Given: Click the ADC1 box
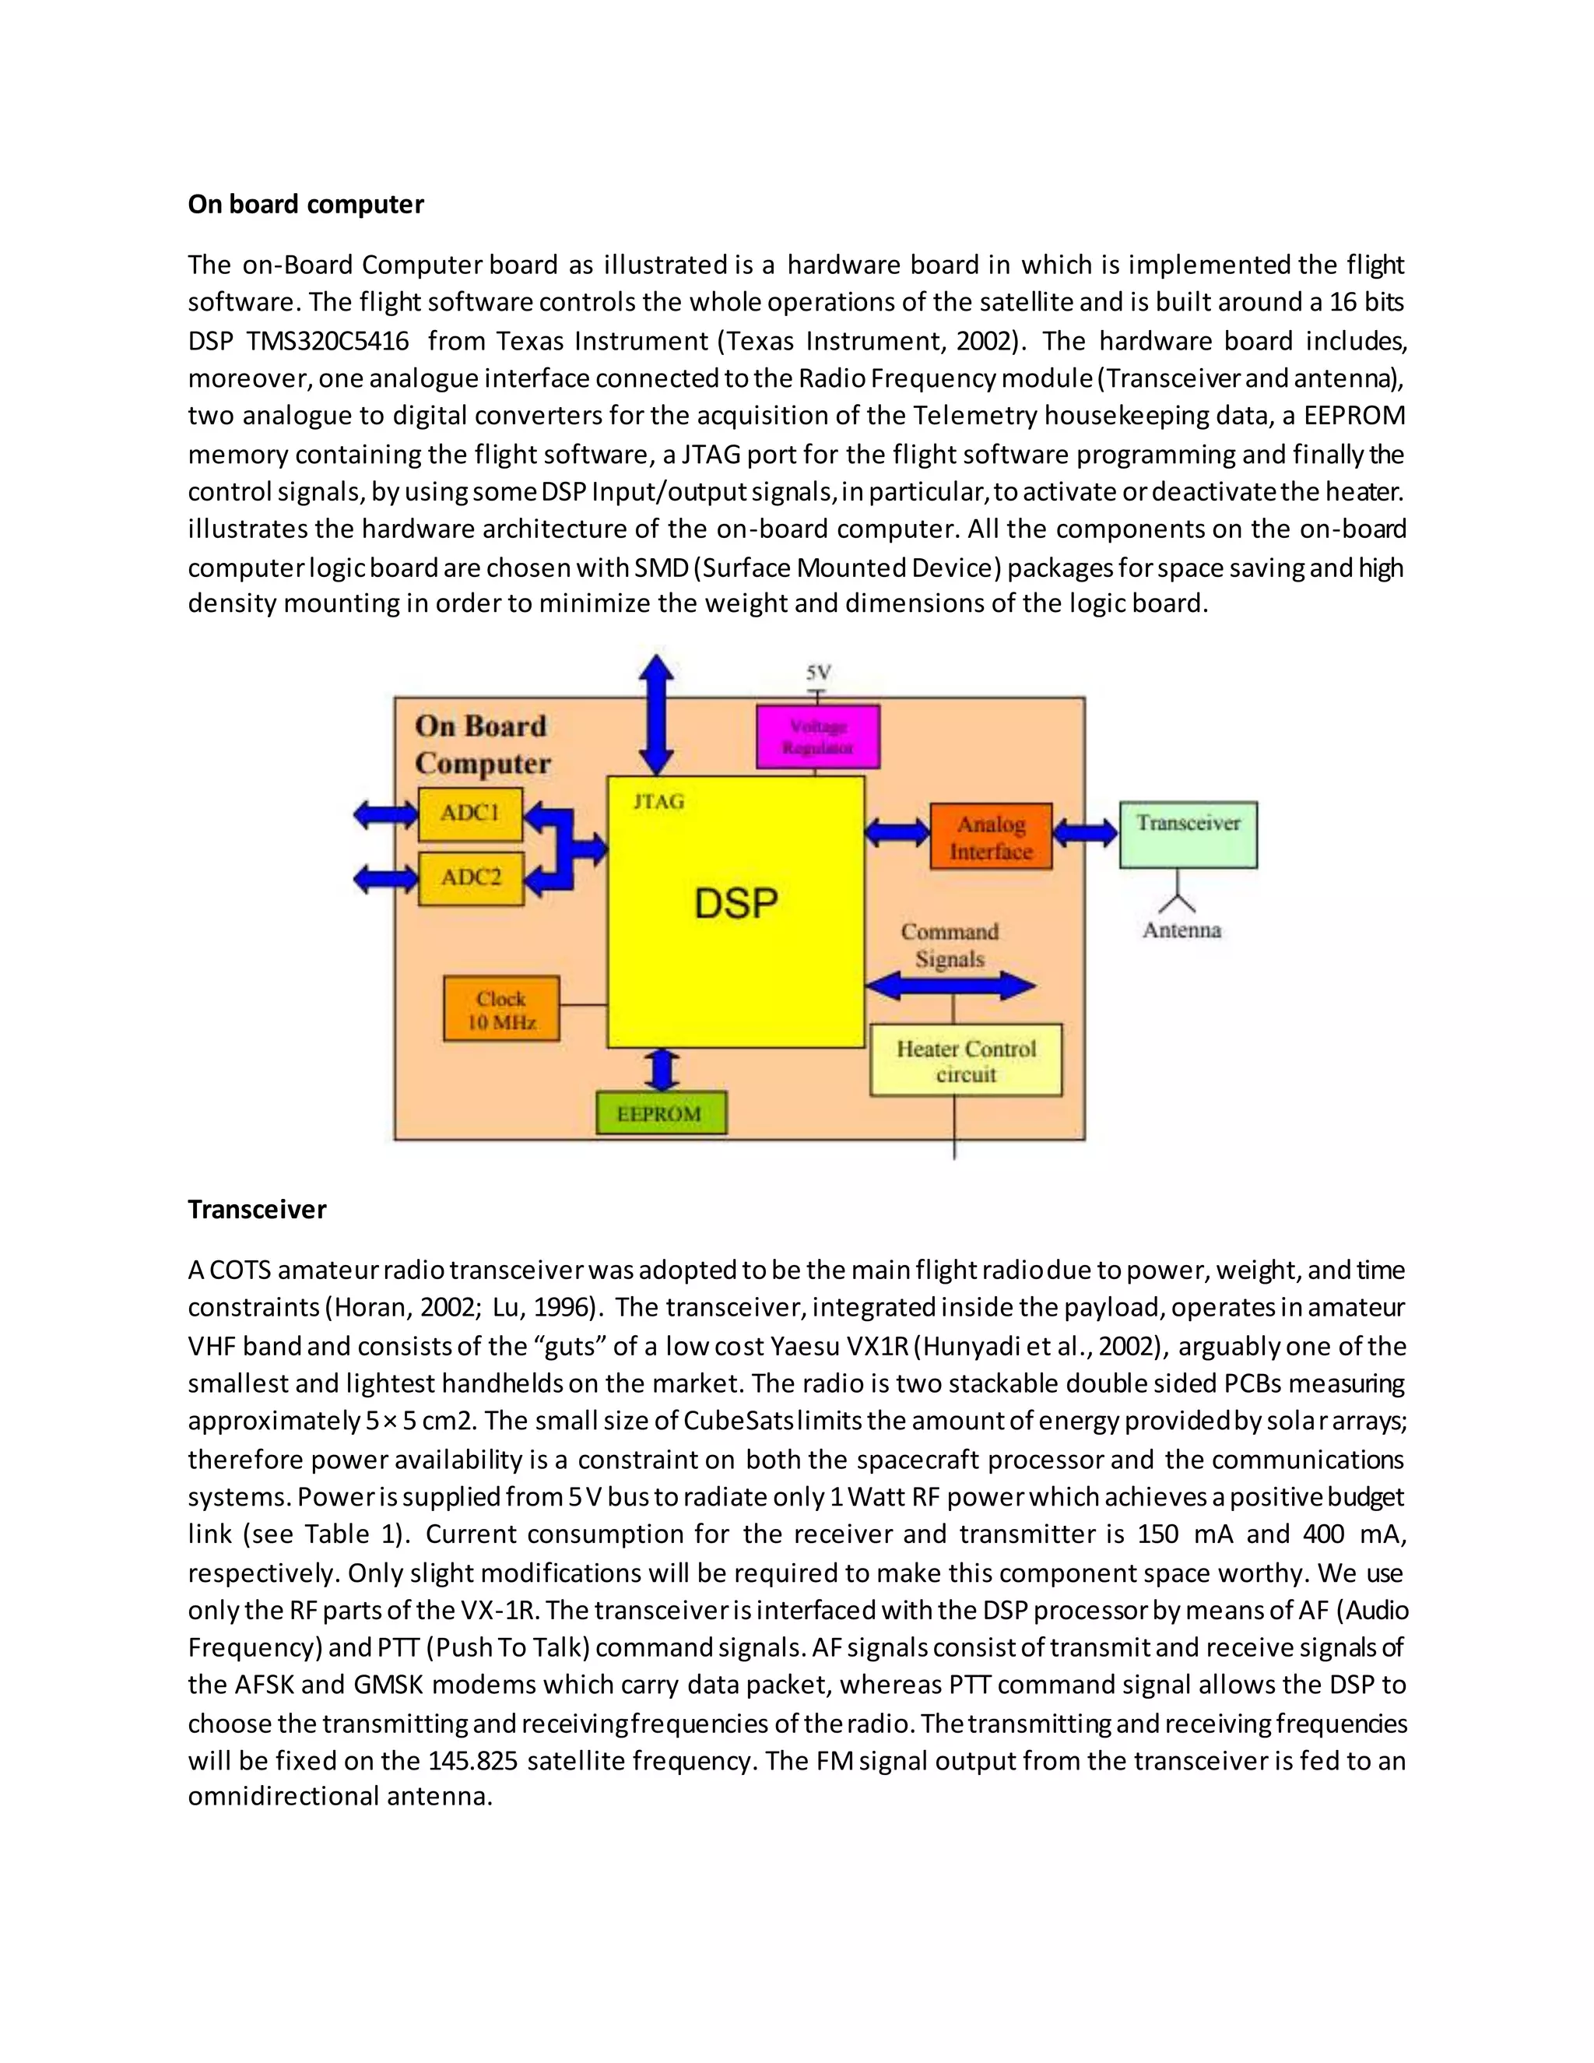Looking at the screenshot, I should (x=470, y=814).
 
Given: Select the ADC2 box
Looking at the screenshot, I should (x=470, y=877).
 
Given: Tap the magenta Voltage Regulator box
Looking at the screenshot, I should (x=818, y=736).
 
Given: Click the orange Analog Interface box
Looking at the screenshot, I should (x=991, y=837).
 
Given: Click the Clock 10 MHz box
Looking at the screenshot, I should (x=501, y=1010).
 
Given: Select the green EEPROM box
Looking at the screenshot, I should (x=661, y=1114).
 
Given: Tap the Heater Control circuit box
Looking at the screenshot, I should (x=965, y=1060).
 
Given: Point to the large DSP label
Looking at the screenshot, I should (x=736, y=904).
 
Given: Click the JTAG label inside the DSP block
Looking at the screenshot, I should (x=658, y=802).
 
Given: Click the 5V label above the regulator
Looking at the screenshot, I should (x=818, y=673).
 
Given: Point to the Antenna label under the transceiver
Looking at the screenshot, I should (x=1181, y=930).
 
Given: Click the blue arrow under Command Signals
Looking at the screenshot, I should (x=950, y=986).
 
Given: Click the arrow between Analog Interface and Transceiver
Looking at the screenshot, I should (x=1086, y=833).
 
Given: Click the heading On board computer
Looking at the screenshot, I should (x=305, y=204).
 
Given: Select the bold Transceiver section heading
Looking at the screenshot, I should (x=257, y=1209).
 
